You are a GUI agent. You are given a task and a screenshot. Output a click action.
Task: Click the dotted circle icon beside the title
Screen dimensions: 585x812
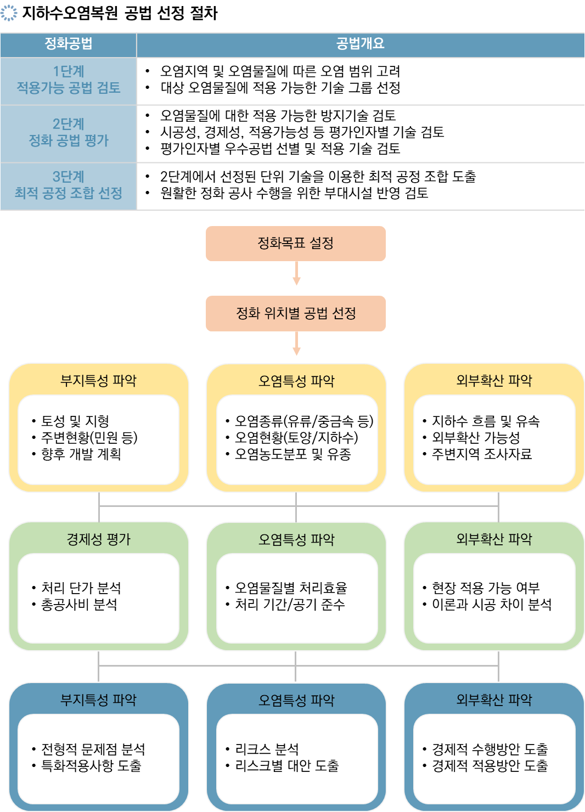tap(9, 13)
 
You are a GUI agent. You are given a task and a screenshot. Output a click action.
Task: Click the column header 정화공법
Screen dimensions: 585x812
tap(68, 43)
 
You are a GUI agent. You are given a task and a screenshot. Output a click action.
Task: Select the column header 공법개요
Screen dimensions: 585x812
tap(360, 43)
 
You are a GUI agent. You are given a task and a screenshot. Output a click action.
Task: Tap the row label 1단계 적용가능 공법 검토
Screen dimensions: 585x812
tap(68, 80)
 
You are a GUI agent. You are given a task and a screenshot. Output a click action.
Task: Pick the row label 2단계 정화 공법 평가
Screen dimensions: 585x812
tap(68, 132)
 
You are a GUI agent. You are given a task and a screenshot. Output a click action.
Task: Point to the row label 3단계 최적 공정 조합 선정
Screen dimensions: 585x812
tap(68, 184)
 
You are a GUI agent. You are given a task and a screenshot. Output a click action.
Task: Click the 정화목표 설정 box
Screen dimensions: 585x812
tap(296, 243)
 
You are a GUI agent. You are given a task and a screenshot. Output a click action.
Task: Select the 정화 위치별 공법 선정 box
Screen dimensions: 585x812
tap(296, 313)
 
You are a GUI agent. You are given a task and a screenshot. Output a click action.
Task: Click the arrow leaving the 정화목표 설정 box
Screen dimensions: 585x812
tap(296, 273)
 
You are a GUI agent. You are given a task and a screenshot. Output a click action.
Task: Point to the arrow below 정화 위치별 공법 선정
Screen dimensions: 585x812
tap(296, 343)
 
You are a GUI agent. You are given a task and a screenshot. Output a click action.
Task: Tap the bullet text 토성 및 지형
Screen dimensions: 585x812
tap(75, 421)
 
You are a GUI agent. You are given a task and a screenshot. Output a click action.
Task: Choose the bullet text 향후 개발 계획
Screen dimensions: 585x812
tap(81, 454)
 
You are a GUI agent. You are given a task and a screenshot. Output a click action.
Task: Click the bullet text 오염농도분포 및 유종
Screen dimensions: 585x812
tap(293, 454)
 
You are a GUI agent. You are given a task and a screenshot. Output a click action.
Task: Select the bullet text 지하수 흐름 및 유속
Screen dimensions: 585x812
tap(486, 421)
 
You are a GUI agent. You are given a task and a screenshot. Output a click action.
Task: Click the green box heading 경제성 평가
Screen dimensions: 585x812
tap(98, 539)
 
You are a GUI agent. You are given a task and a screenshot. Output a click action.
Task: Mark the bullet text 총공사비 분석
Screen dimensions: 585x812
tap(79, 604)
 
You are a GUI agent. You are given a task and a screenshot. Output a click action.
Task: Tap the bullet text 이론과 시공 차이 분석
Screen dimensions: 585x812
tap(491, 604)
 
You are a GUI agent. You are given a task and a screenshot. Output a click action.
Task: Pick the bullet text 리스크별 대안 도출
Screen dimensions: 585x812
tap(287, 765)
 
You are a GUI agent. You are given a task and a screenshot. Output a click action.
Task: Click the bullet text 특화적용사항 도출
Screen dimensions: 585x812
tap(91, 765)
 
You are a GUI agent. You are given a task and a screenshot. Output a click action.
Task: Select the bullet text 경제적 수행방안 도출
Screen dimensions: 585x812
tap(490, 749)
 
